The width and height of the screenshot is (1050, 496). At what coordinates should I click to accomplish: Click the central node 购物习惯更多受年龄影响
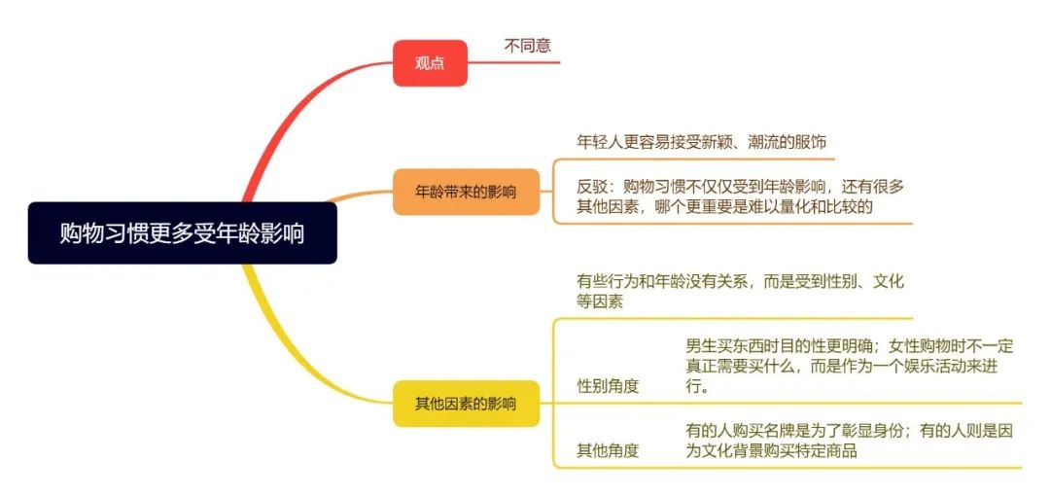point(182,233)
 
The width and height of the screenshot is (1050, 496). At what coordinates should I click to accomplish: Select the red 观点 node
point(430,63)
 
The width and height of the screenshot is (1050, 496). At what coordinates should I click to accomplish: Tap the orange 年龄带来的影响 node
point(466,192)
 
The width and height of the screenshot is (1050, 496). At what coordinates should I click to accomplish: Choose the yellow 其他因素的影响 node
point(466,404)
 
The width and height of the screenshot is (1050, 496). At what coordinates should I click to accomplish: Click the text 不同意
point(527,45)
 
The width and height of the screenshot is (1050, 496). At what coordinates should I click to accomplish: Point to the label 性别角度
point(608,386)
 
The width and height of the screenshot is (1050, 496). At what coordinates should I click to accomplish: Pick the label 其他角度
point(608,450)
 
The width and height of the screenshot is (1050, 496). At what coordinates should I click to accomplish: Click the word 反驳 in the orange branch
point(593,186)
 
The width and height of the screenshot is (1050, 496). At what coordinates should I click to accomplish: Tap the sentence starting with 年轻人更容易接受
point(702,142)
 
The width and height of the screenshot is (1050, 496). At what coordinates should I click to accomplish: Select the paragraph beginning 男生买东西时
point(850,366)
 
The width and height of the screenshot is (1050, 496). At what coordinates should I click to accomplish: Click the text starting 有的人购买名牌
point(850,441)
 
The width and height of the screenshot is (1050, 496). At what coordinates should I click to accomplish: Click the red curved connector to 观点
point(292,117)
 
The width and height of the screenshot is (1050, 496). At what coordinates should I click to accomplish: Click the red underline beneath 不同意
point(525,62)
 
